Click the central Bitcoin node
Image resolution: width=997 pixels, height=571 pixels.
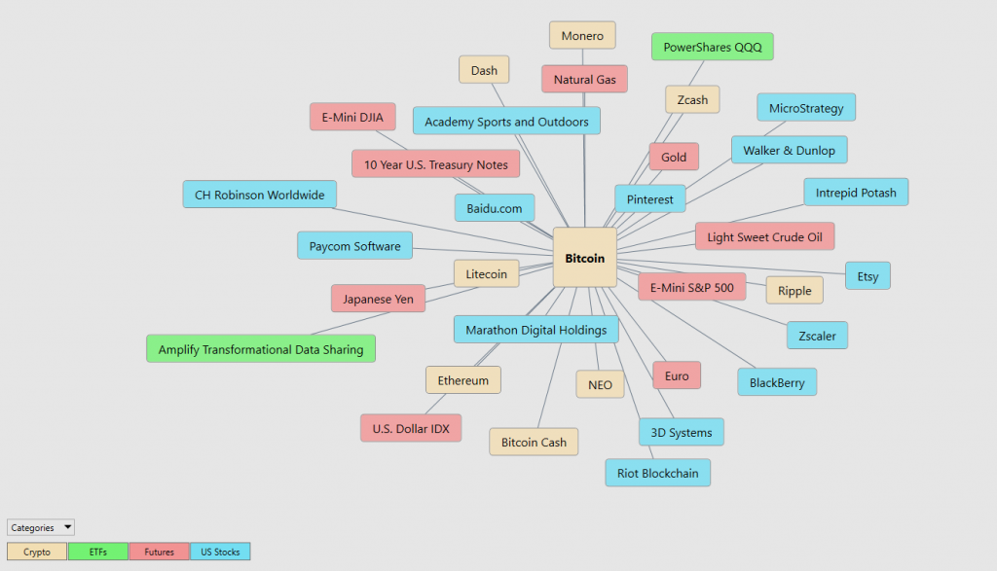click(585, 258)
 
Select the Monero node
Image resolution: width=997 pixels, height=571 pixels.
click(582, 36)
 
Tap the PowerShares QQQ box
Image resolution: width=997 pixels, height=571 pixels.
click(712, 47)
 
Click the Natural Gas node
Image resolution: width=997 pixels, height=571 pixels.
click(584, 80)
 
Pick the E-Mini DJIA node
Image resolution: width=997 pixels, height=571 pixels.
click(352, 117)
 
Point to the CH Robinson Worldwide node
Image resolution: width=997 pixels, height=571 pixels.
click(259, 195)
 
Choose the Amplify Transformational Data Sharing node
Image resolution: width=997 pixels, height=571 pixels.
click(261, 348)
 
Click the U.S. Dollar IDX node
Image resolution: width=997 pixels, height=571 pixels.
click(411, 428)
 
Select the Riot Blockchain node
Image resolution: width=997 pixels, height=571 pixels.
click(657, 473)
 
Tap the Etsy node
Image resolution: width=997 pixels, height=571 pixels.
click(868, 275)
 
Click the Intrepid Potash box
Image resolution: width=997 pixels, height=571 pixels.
click(856, 192)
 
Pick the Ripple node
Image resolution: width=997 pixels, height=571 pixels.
click(794, 290)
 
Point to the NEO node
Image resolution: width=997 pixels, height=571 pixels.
click(600, 384)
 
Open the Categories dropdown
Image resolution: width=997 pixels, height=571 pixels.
click(41, 527)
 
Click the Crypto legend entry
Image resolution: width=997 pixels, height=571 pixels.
click(37, 552)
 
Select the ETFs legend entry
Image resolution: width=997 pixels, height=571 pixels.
click(98, 552)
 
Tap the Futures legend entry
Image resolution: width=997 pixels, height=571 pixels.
click(159, 552)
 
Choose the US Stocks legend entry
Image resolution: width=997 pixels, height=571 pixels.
click(220, 552)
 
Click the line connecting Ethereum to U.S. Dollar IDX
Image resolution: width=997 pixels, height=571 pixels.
click(435, 404)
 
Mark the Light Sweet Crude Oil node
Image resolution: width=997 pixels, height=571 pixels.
click(764, 236)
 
